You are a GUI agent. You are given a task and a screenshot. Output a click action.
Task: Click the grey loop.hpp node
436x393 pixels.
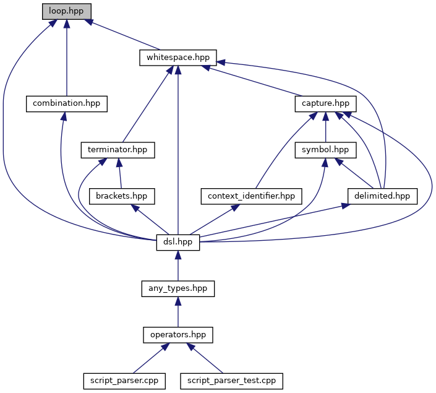pos(66,11)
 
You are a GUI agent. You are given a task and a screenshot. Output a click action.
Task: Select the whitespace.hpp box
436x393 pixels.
pos(177,58)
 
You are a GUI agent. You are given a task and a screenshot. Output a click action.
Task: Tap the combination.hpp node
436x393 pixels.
pos(67,103)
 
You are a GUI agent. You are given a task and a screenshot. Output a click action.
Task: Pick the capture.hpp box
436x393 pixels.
pos(325,103)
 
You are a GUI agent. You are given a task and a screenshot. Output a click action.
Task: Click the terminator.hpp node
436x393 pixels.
pos(118,150)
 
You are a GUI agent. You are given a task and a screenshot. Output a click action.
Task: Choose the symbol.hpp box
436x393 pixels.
pos(325,150)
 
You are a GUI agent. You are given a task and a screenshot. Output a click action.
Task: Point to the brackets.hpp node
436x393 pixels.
pos(121,196)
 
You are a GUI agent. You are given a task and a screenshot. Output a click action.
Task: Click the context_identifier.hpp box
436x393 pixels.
pos(251,196)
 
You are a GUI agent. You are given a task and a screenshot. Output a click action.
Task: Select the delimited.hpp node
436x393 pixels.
pos(382,196)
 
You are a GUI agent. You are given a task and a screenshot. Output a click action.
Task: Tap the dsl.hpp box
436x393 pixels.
pos(177,243)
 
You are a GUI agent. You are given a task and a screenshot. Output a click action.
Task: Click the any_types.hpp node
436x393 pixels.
pos(177,288)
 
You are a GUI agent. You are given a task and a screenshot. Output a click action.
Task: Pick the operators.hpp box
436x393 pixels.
pos(177,335)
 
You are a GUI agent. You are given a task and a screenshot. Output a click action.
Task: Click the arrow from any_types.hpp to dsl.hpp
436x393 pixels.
pos(177,266)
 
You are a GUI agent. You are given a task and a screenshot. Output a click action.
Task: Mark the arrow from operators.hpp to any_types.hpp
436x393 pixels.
pos(177,312)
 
